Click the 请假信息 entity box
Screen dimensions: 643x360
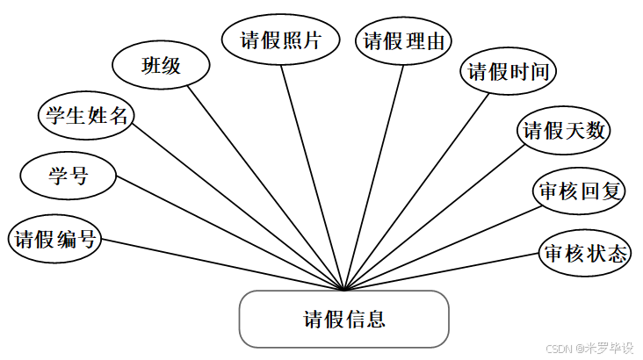[343, 319]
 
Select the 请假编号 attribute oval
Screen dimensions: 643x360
[54, 239]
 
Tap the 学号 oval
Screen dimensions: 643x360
[68, 175]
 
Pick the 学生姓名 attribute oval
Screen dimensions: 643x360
[86, 117]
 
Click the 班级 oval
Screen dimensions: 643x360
[162, 65]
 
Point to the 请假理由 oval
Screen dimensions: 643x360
[403, 41]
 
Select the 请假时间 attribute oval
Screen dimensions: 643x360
[509, 72]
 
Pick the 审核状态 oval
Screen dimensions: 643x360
[585, 254]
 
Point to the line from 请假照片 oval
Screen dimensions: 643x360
[312, 176]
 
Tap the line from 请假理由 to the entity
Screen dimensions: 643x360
[374, 176]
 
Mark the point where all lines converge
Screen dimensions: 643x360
[344, 290]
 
